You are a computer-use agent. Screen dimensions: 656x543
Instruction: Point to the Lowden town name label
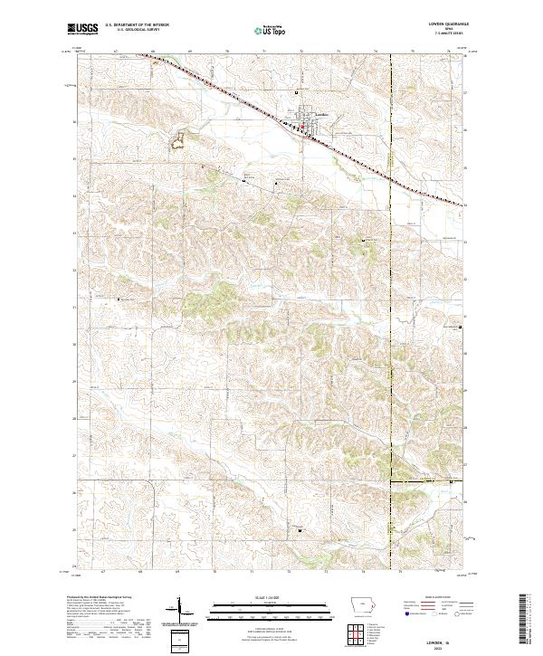[310, 115]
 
